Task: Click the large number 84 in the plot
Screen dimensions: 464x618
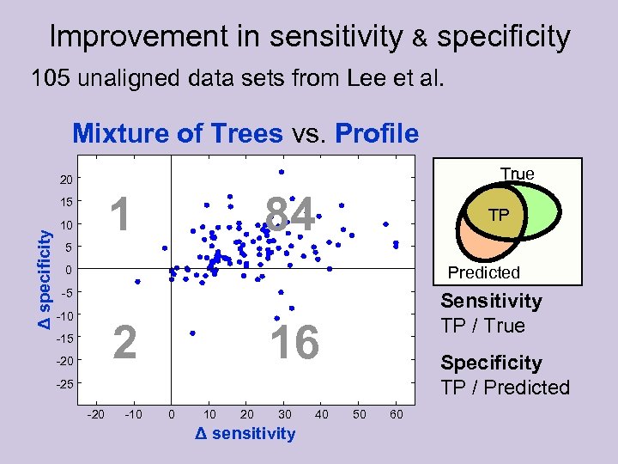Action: (291, 214)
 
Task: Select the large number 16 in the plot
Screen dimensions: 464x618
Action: (294, 343)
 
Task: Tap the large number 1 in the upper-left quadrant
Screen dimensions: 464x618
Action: (124, 214)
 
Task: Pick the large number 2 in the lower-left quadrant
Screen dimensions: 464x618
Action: (125, 343)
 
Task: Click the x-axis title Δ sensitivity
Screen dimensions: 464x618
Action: (245, 433)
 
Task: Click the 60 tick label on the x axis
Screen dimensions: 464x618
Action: (396, 416)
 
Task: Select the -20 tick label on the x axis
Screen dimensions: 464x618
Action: (96, 416)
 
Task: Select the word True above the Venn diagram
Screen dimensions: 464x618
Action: (517, 174)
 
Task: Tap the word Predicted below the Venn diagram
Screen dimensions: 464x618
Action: (484, 272)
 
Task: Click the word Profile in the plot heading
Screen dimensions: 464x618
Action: (377, 134)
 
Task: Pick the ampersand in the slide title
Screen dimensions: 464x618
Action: (421, 39)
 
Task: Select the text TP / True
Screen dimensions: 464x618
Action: (482, 326)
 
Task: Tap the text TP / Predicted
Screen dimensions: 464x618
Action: (505, 388)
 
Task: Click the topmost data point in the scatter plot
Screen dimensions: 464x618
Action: (281, 172)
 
